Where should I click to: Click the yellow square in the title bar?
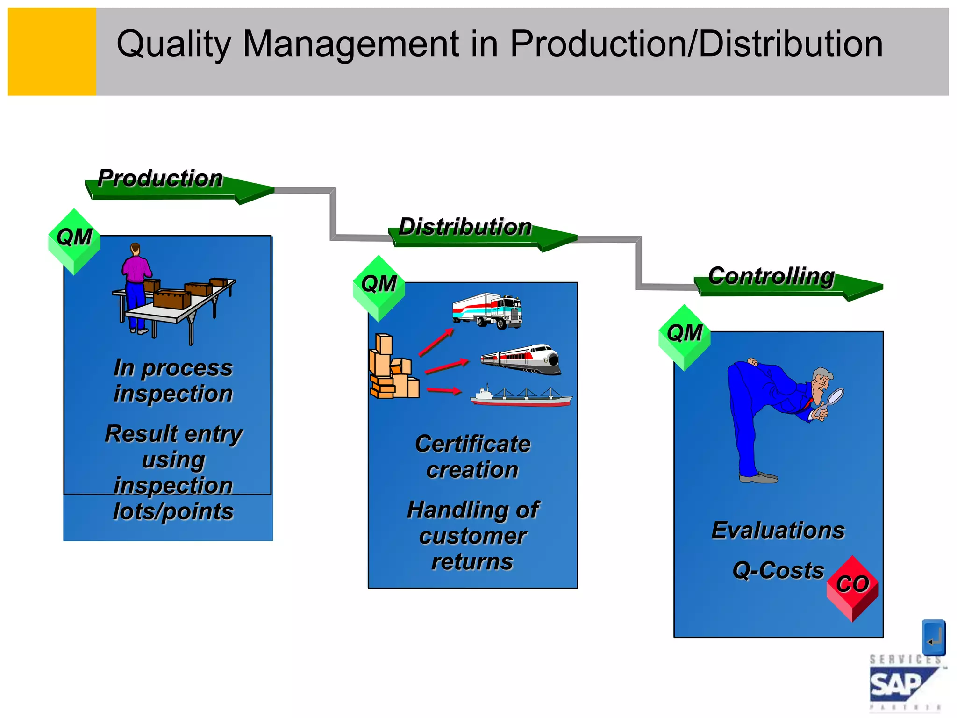[x=52, y=52]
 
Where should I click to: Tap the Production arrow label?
[x=160, y=179]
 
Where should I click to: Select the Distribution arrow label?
[x=465, y=227]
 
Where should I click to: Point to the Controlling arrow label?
[x=771, y=276]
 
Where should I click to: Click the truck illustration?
[x=487, y=310]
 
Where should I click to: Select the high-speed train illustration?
[x=521, y=359]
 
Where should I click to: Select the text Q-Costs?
[x=778, y=571]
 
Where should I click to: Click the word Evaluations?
[x=778, y=531]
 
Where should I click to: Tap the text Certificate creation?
[x=472, y=457]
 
